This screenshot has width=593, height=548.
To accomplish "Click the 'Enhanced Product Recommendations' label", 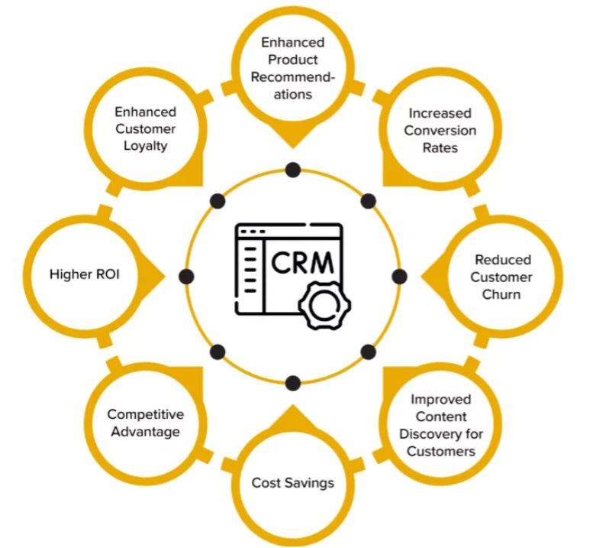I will coord(292,68).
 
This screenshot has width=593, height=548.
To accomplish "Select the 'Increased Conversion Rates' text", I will coord(440,130).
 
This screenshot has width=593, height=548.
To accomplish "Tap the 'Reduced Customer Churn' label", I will coord(501,277).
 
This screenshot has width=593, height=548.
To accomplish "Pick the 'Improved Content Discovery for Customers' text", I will coord(440,425).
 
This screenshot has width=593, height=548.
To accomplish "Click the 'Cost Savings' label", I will coord(292,483).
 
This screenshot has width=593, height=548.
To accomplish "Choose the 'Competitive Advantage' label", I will coord(145,423).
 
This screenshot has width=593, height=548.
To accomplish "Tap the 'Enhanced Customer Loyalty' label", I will coord(145,128).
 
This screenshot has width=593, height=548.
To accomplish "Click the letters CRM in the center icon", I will coord(302,262).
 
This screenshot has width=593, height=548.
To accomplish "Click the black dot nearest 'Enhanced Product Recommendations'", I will coord(292,170).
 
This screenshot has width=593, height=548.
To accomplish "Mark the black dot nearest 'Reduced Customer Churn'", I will coord(399,276).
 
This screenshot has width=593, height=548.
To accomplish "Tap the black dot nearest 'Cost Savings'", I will coord(292,382).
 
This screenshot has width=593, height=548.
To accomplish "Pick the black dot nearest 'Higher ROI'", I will coord(186,276).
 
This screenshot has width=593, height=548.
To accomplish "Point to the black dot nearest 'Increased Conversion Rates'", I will coord(368,201).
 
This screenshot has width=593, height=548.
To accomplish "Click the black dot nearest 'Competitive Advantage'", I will coord(218,352).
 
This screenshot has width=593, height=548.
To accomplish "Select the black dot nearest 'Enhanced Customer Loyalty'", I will coord(218,201).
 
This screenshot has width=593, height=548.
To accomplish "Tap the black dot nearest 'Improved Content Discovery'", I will coord(368,352).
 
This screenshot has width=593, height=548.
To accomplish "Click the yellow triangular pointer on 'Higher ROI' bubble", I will coord(155,275).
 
